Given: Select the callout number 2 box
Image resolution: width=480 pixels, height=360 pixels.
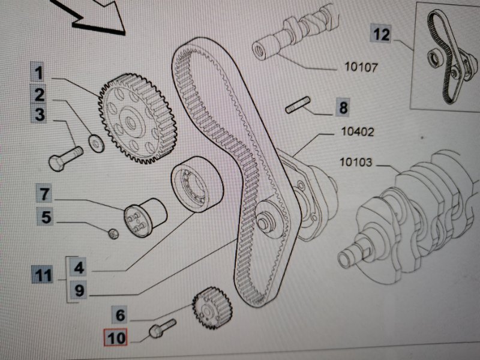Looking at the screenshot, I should (x=38, y=95).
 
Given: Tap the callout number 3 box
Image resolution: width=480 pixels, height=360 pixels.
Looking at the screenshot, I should (x=40, y=114).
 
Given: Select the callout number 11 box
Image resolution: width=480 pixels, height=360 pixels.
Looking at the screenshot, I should (x=42, y=276).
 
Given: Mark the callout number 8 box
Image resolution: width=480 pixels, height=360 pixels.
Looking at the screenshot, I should (x=343, y=108).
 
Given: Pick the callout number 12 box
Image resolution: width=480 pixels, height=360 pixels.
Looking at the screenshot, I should (x=381, y=34).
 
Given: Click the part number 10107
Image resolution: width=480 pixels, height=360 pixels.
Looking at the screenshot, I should (x=361, y=67).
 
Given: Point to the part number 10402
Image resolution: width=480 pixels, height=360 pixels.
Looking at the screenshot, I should (x=357, y=132).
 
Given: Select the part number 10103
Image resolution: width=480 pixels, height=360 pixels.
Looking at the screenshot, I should (x=356, y=162).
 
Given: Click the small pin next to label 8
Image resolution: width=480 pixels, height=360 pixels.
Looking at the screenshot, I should (x=296, y=108).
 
